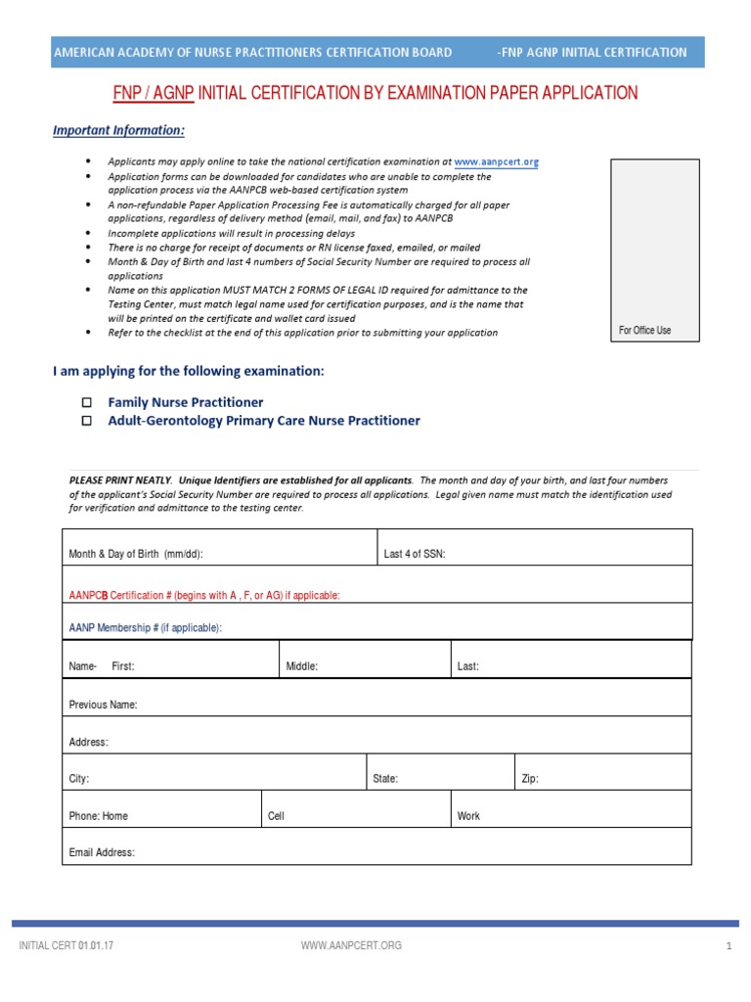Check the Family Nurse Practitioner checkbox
click(x=86, y=402)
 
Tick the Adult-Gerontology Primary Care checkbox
click(x=86, y=421)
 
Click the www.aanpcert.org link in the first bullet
click(x=497, y=162)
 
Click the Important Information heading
click(x=118, y=130)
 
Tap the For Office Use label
click(x=644, y=331)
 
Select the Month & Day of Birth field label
click(x=136, y=554)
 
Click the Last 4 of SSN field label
click(x=415, y=554)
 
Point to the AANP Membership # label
click(x=146, y=627)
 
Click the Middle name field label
click(x=302, y=666)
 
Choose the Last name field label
click(x=468, y=666)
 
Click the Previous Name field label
click(x=103, y=705)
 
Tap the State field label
click(x=385, y=780)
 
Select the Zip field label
click(x=530, y=780)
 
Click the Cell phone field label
click(x=276, y=816)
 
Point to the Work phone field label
click(x=468, y=816)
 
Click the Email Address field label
click(x=102, y=852)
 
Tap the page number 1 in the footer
click(x=729, y=945)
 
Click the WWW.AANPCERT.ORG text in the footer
click(x=351, y=945)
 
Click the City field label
click(x=79, y=780)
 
